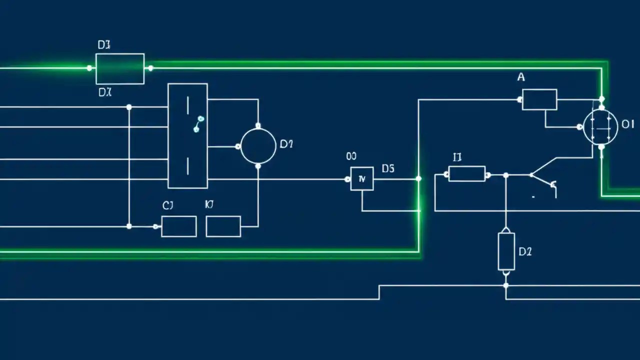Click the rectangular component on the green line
click(120, 69)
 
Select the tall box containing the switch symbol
click(187, 136)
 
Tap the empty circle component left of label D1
click(258, 146)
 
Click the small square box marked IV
click(362, 178)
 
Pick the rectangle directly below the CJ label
click(179, 226)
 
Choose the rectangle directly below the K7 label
click(223, 226)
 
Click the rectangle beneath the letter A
click(539, 99)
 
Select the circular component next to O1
click(600, 127)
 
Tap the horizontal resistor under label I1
click(467, 174)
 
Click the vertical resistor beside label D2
click(506, 251)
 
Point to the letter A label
click(521, 77)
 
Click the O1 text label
click(627, 124)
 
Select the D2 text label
click(525, 251)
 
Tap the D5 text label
click(388, 169)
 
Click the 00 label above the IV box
click(351, 156)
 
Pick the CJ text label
click(168, 205)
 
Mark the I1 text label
click(457, 157)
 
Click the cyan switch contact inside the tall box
click(198, 124)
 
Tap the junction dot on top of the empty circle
click(258, 125)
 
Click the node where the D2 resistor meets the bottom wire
click(506, 285)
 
